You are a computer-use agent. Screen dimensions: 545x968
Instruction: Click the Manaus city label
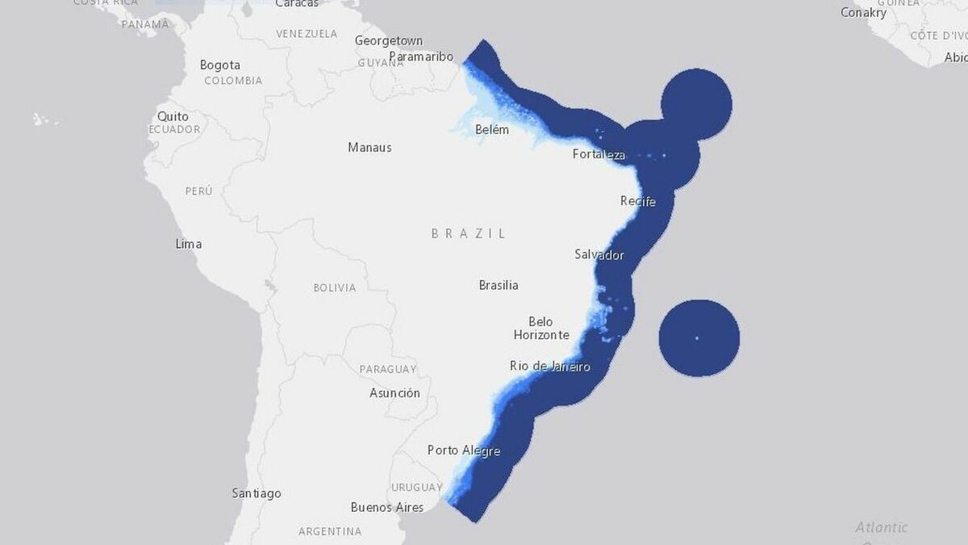click(369, 147)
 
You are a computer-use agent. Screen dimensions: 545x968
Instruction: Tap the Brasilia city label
click(499, 285)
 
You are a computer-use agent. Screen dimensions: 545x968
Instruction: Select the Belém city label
click(492, 129)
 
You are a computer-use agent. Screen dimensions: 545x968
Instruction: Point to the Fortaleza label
click(599, 154)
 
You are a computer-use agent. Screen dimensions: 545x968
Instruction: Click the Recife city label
click(637, 201)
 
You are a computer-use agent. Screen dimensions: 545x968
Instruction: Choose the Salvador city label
click(599, 254)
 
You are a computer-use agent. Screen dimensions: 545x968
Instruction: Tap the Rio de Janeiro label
click(550, 367)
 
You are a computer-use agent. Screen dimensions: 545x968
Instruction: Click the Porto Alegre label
click(464, 451)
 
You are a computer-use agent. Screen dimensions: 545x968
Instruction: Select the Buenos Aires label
click(387, 507)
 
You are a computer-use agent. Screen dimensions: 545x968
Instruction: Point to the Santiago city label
click(257, 493)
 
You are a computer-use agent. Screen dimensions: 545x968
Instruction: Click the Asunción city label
click(394, 393)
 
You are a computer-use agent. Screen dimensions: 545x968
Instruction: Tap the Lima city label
click(189, 244)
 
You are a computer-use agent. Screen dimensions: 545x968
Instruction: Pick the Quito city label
click(173, 116)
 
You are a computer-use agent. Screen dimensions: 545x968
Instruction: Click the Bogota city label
click(220, 65)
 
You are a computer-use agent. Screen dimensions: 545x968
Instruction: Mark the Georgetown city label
click(389, 40)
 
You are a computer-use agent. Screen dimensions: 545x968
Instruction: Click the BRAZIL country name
click(469, 233)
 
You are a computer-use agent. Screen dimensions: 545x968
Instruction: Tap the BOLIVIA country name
click(334, 287)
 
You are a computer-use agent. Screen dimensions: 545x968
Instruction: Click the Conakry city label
click(863, 12)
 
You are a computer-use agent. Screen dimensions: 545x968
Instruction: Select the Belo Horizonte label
click(541, 328)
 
